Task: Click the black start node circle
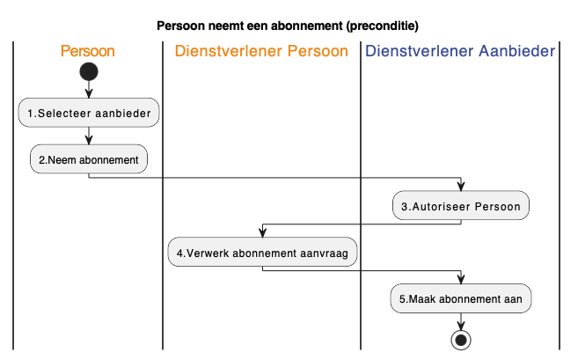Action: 89,71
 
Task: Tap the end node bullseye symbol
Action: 461,340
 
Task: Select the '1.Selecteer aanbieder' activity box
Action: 89,113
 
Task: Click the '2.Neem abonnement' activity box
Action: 89,159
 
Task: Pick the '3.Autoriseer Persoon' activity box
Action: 461,206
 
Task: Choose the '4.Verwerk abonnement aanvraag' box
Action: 262,253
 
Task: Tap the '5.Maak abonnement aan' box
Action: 461,298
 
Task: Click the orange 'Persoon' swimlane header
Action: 88,51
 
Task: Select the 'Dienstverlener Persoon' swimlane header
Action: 261,51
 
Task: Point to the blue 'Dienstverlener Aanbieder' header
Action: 460,51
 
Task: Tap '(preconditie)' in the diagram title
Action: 383,26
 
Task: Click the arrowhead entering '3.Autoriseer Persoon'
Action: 461,186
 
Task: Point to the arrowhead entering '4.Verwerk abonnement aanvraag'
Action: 262,232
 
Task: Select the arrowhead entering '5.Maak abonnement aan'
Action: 461,279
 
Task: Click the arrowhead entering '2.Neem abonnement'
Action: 89,139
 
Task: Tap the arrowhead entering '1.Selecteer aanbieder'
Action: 89,93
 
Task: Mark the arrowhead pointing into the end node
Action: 461,325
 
